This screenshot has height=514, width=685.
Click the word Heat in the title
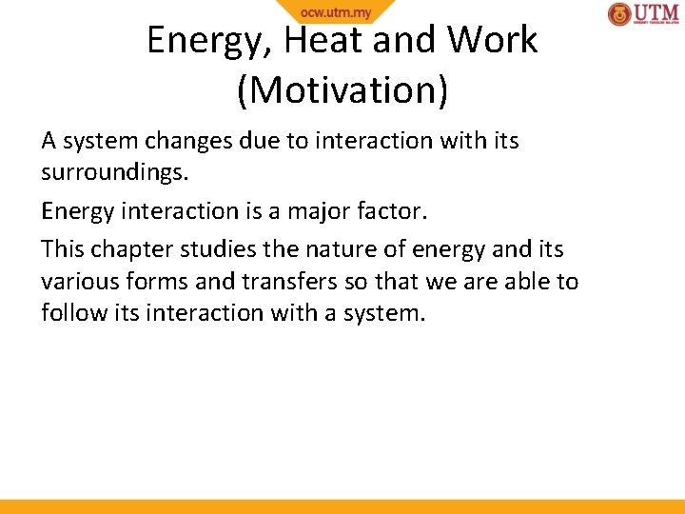pos(322,40)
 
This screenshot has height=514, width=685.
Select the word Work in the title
pos(492,40)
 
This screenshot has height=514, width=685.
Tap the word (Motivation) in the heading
pos(342,89)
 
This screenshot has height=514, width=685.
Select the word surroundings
pos(114,175)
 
